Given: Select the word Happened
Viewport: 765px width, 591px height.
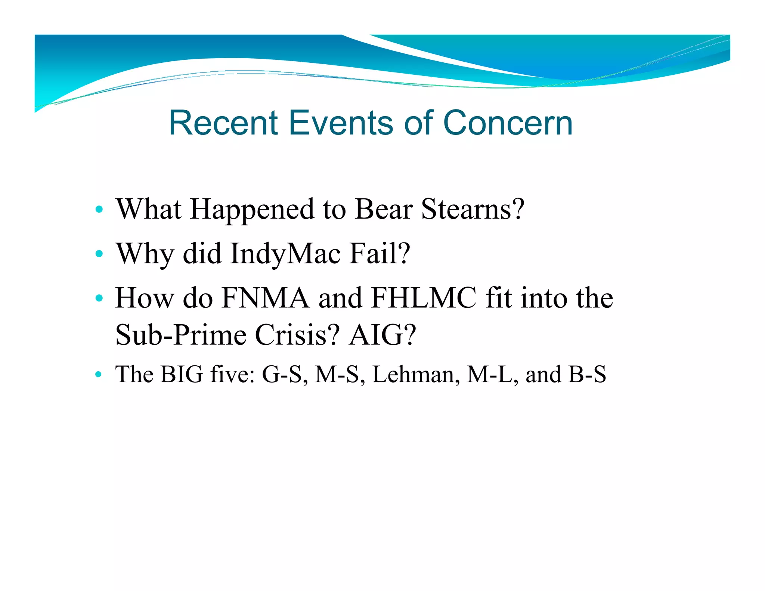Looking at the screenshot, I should (x=252, y=210).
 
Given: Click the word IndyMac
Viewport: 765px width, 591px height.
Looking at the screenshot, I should (x=285, y=254).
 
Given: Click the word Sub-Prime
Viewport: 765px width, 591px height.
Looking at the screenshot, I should (x=181, y=335).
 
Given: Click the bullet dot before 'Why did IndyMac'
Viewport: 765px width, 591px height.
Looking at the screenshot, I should (x=99, y=254).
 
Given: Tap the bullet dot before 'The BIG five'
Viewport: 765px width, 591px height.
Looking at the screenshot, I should (x=98, y=374).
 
